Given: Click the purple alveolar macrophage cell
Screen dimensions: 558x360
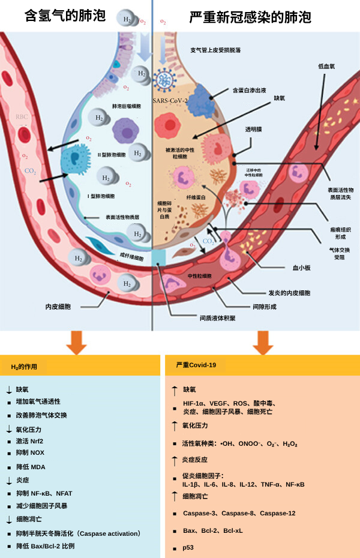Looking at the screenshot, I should click(124, 130).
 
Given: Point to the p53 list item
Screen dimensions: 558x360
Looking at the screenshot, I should click(189, 548).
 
